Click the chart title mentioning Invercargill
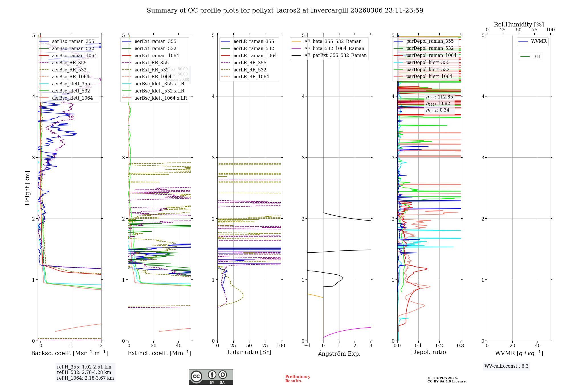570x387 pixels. pos(285,11)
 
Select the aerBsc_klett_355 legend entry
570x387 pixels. pos(71,84)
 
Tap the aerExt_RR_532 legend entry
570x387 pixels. pos(151,70)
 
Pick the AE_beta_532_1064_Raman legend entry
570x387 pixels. pos(334,48)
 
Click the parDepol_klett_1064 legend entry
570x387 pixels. pos(429,76)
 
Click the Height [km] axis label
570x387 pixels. pos(27,188)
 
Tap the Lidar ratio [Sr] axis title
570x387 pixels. pos(249,352)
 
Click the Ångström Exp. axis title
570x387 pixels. pos(339,353)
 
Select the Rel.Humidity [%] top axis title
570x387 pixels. pos(519,24)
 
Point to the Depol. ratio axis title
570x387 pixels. pos(429,352)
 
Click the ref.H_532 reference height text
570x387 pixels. pos(84,372)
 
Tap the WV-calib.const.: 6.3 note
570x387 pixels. pos(506,366)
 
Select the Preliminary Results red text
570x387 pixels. pos(298,378)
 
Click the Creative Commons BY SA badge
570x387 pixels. pos(211,377)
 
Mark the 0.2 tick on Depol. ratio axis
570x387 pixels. pos(439,345)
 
